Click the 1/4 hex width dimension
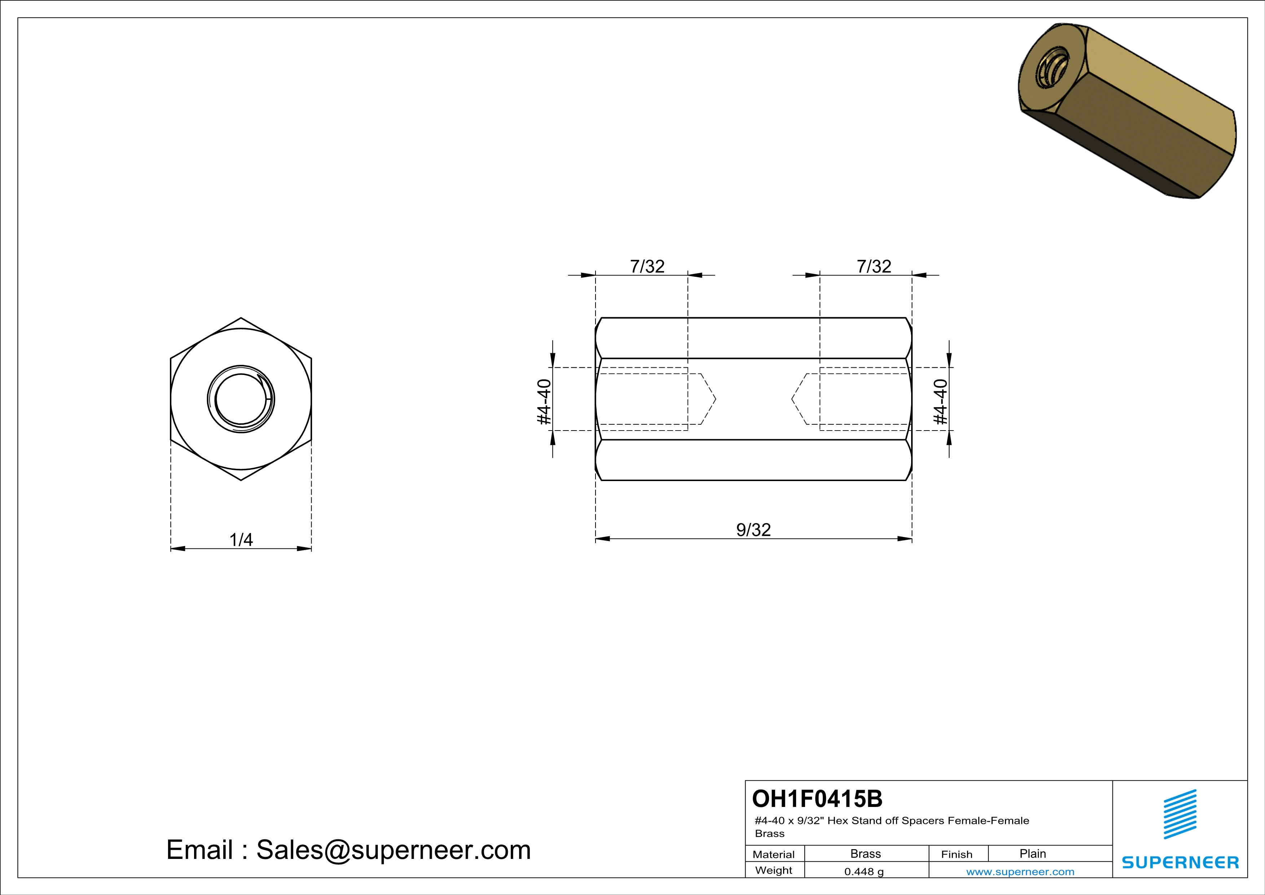241,540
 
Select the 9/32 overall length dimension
753,530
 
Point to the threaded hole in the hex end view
241,399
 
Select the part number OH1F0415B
817,799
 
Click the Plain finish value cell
1032,853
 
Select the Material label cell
774,854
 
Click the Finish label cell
957,854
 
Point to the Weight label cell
774,870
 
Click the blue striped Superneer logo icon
1180,814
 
